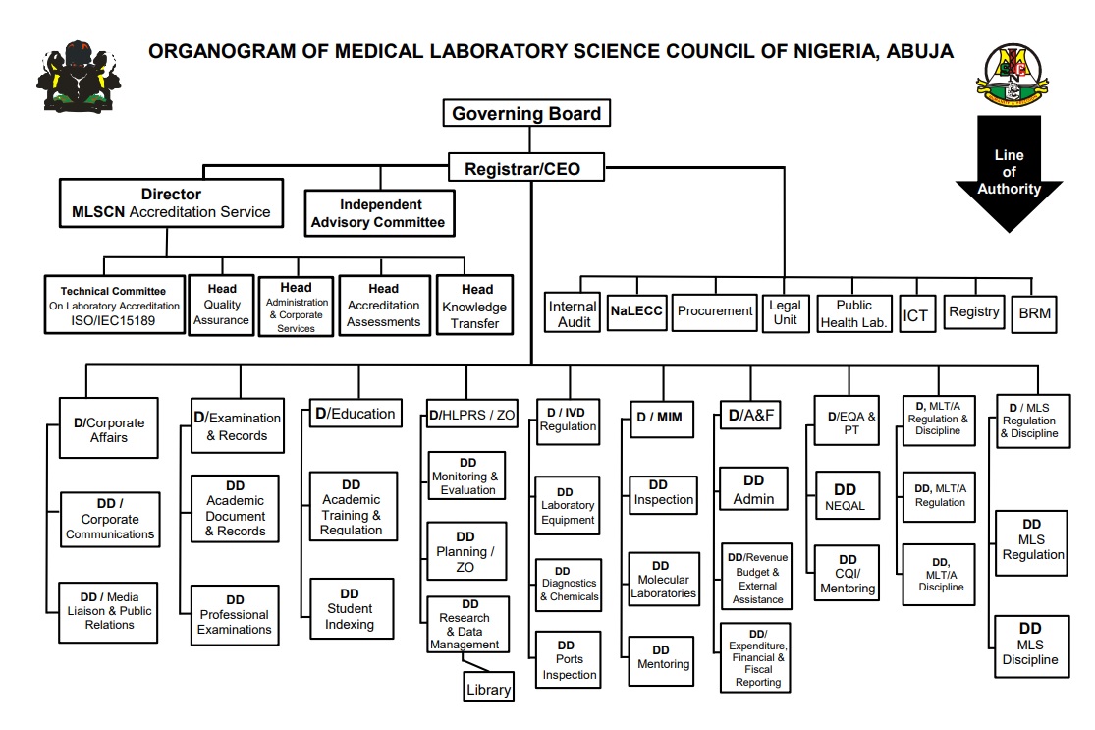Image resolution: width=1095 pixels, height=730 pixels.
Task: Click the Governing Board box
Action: click(x=526, y=112)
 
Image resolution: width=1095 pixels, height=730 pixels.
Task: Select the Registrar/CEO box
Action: click(x=525, y=168)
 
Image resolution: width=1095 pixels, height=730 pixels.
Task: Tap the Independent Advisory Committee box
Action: click(x=379, y=213)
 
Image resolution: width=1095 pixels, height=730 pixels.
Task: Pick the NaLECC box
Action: click(x=636, y=311)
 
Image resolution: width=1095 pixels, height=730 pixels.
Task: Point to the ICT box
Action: click(x=916, y=313)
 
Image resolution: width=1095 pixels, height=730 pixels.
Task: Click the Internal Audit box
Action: click(x=574, y=312)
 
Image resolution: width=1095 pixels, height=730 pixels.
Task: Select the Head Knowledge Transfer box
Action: click(x=475, y=306)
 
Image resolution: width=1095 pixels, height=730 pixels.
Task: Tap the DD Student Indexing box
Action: click(x=352, y=608)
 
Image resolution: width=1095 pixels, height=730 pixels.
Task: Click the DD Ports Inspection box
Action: click(x=569, y=659)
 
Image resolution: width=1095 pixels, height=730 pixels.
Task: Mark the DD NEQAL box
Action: click(x=848, y=495)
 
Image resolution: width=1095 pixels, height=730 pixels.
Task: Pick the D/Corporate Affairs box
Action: click(x=108, y=427)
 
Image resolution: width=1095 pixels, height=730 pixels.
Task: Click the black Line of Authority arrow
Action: click(x=1009, y=173)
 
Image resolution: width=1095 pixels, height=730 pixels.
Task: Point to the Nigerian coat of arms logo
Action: click(x=79, y=76)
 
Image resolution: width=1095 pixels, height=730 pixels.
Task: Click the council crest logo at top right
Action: click(x=1012, y=75)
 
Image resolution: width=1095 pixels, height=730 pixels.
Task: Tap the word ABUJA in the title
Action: click(x=920, y=52)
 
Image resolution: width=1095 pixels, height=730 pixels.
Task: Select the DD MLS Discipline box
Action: click(x=1031, y=646)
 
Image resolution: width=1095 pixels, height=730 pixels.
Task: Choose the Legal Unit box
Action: click(x=785, y=312)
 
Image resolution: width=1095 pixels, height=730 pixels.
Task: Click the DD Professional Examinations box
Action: click(x=235, y=615)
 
